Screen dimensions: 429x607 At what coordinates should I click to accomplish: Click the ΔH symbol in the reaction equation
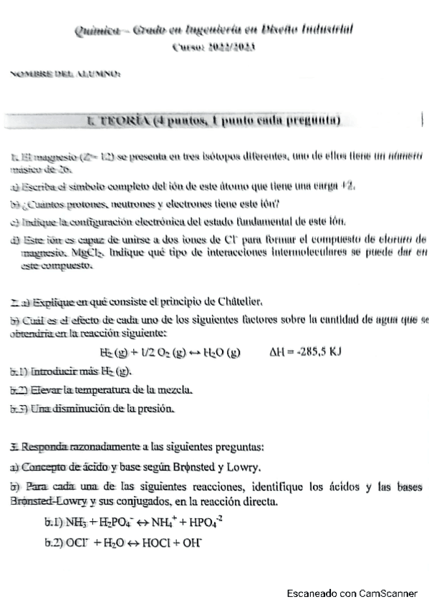coord(276,352)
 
